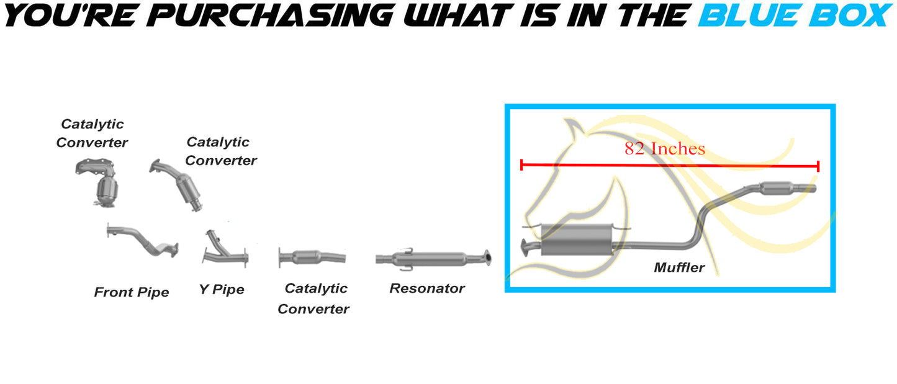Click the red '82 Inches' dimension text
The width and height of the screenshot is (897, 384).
664,148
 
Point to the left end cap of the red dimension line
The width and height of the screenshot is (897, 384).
521,165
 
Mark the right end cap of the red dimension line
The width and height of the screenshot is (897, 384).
818,166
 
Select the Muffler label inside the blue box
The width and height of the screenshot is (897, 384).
679,267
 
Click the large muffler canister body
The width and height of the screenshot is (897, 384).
577,239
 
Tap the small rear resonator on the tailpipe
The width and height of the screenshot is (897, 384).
777,188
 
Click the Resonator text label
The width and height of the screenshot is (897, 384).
427,288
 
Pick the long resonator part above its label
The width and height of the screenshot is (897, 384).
433,259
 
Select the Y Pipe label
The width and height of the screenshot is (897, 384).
222,289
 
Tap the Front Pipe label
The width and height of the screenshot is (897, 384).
132,292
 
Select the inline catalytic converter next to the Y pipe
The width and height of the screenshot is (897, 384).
312,257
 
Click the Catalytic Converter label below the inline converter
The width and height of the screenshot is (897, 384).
313,298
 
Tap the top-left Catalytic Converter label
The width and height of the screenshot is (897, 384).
92,133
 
